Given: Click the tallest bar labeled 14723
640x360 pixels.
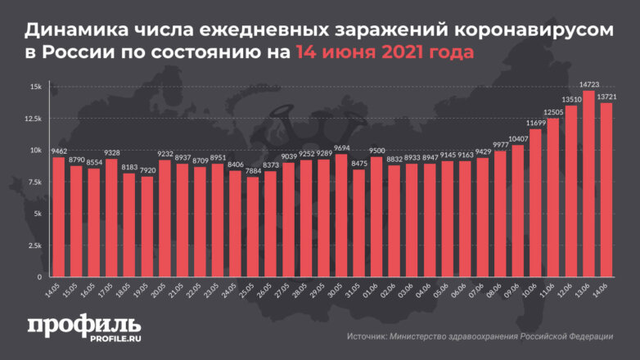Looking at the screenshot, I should click(x=588, y=183).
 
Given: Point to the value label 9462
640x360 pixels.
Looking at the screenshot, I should click(x=58, y=151).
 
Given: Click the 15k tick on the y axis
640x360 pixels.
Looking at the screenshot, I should click(x=36, y=87).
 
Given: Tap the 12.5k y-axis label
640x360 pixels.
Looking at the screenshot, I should click(x=33, y=119).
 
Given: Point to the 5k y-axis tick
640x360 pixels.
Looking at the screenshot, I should click(x=37, y=214).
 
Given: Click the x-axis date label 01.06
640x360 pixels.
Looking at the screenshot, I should click(x=373, y=288).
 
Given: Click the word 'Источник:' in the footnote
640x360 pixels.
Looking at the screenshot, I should click(x=366, y=335).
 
